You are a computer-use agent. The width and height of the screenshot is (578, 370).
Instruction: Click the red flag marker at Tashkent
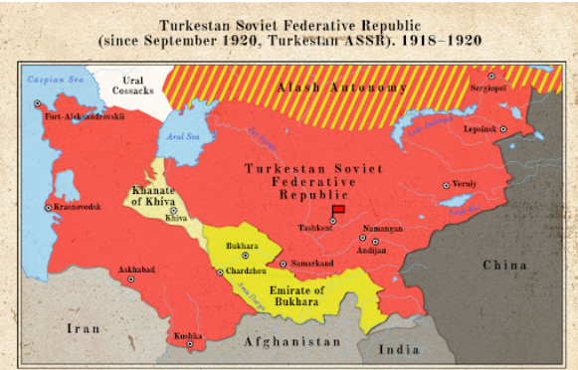(338, 210)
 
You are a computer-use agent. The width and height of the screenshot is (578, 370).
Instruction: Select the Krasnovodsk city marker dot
(48, 207)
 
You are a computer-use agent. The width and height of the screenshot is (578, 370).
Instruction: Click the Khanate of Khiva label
(154, 193)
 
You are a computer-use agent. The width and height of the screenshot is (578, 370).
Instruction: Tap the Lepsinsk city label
(482, 129)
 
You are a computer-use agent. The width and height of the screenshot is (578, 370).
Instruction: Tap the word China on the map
(506, 265)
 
